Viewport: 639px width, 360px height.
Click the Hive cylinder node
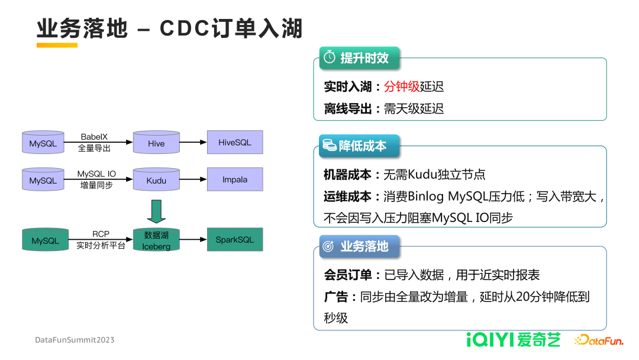(x=156, y=143)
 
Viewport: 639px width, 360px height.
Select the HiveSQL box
(x=235, y=143)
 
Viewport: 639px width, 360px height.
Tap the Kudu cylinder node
(x=156, y=180)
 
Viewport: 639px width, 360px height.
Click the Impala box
(x=235, y=179)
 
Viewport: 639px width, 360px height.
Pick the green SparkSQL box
(x=235, y=240)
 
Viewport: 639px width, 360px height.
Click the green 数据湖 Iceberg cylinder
(x=156, y=240)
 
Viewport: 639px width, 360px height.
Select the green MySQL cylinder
(x=46, y=240)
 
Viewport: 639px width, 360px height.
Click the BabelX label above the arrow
(x=94, y=137)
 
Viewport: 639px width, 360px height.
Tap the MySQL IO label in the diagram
(x=96, y=174)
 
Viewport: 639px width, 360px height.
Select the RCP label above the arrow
(x=101, y=234)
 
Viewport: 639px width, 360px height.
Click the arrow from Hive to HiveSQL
(x=193, y=143)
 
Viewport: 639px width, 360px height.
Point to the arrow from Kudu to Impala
(x=193, y=180)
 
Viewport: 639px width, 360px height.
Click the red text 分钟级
(x=402, y=86)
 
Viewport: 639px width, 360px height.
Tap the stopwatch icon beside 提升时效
(x=329, y=58)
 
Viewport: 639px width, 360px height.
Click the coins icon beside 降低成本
(x=328, y=145)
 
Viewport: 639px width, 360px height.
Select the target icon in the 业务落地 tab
(x=329, y=246)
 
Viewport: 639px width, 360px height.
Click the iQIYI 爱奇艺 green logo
(x=513, y=340)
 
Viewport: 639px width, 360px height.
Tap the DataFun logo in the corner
(x=598, y=340)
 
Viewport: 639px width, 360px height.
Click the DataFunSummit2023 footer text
(x=75, y=340)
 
